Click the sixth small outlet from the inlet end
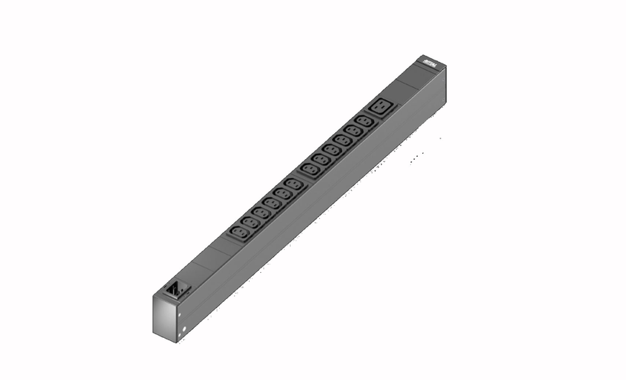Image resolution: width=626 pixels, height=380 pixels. (x=292, y=186)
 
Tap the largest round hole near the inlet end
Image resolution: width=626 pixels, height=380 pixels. (x=185, y=331)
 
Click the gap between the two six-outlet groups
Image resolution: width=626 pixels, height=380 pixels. (x=302, y=180)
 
